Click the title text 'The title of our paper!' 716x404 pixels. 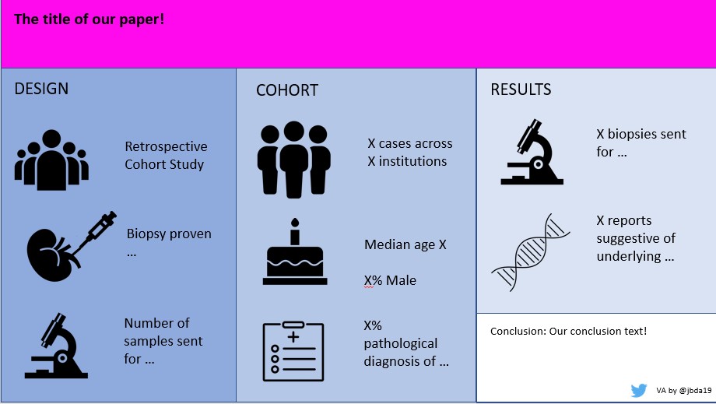pyautogui.click(x=89, y=19)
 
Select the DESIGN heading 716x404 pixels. pyautogui.click(x=41, y=89)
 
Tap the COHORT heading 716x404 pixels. pyautogui.click(x=286, y=90)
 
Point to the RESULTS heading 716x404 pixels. pyautogui.click(x=521, y=90)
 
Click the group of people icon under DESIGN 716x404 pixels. pyautogui.click(x=51, y=160)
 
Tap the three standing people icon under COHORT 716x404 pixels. pyautogui.click(x=293, y=159)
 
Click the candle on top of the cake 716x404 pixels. pyautogui.click(x=294, y=231)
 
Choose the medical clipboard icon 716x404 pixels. pyautogui.click(x=293, y=351)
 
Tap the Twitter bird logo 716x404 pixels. pyautogui.click(x=639, y=390)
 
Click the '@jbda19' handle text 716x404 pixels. pyautogui.click(x=694, y=391)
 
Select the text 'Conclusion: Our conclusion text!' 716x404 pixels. pyautogui.click(x=568, y=332)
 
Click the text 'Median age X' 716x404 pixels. pyautogui.click(x=405, y=244)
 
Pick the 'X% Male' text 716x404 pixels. pyautogui.click(x=390, y=280)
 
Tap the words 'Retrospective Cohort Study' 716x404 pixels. pyautogui.click(x=166, y=155)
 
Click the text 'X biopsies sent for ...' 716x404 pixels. pyautogui.click(x=641, y=142)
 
